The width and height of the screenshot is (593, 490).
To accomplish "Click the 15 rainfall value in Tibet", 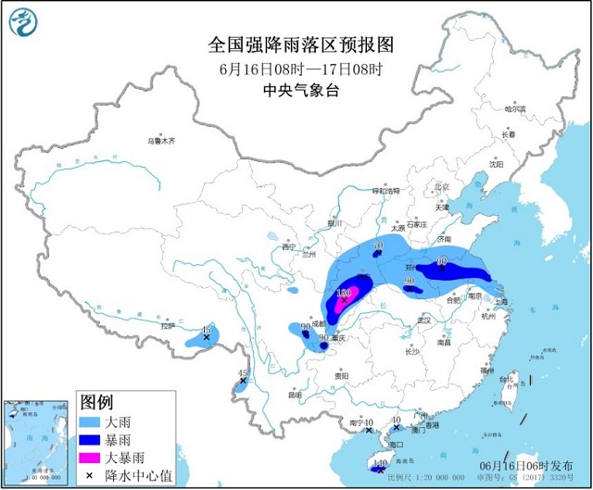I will (x=206, y=330).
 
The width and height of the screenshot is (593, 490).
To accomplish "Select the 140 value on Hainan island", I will (x=378, y=462).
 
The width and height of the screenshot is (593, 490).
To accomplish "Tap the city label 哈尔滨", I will (x=515, y=109).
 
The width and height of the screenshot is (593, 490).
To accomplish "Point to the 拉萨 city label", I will (x=168, y=326).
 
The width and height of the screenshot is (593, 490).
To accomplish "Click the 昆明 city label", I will (x=295, y=395).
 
